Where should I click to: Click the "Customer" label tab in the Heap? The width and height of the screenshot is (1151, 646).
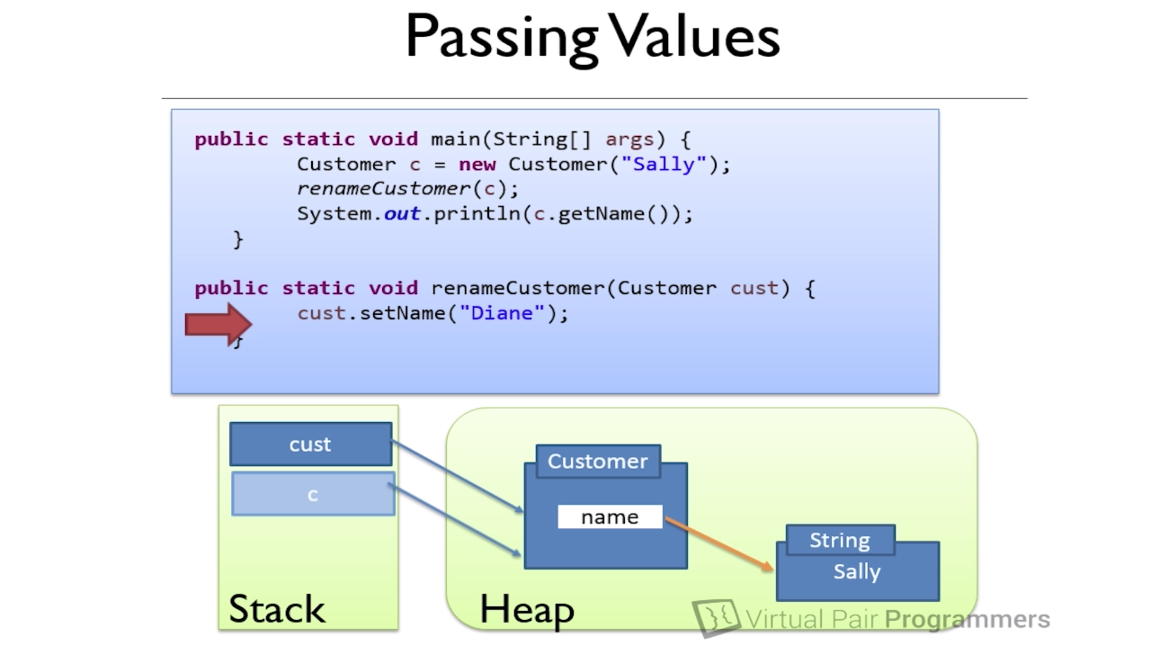(598, 461)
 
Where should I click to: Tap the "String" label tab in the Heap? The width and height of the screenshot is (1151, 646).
(840, 540)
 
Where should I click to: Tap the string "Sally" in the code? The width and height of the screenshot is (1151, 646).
(664, 164)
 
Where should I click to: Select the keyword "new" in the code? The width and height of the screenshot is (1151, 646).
(477, 164)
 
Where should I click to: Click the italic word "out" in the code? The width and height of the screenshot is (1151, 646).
(402, 214)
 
